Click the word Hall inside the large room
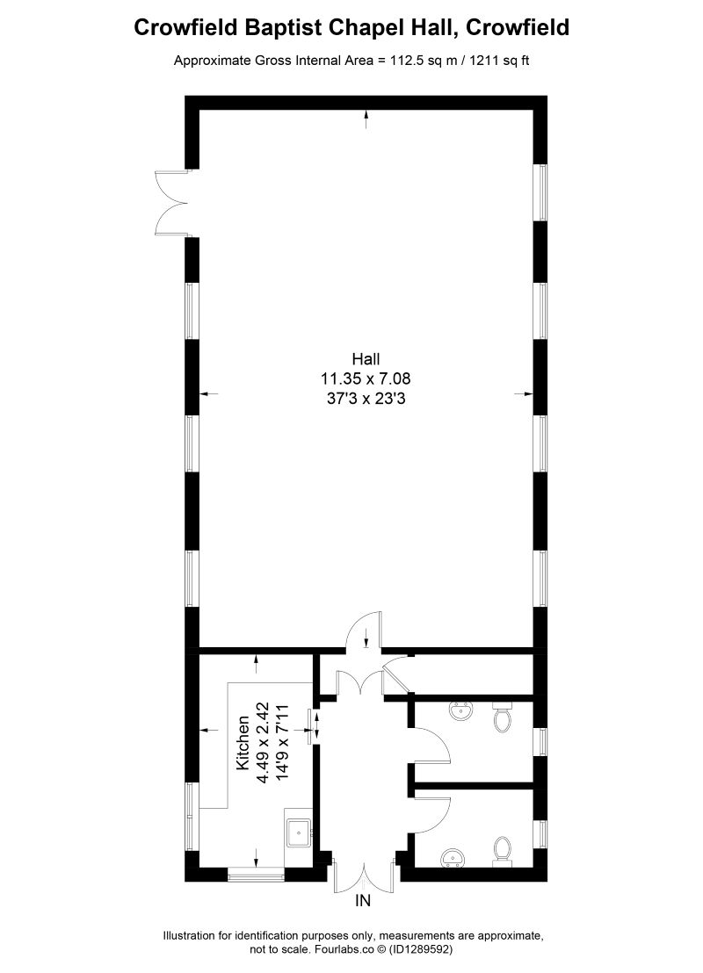tap(366, 358)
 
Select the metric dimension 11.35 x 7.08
tap(366, 378)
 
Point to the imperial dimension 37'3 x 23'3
tap(366, 398)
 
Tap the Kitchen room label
tap(243, 743)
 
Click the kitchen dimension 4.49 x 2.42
tap(262, 742)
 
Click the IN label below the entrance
tap(363, 901)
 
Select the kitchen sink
tap(299, 829)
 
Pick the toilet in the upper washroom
tap(503, 717)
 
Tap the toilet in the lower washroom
tap(503, 850)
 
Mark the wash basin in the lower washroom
tap(454, 857)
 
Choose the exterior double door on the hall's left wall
tap(172, 203)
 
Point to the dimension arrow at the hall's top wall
tap(366, 119)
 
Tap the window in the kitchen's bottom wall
tap(256, 874)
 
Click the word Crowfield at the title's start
tap(183, 28)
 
